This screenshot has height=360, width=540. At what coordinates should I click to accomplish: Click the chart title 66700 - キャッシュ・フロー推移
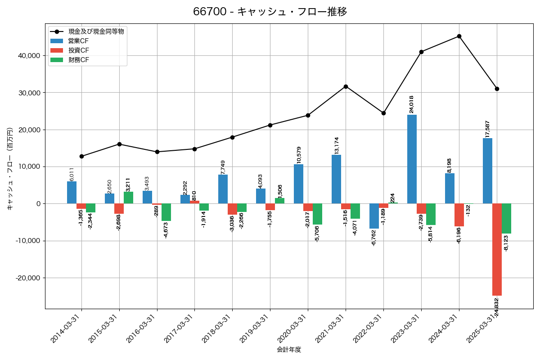coord(270,12)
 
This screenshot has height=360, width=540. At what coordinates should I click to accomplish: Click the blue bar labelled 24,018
coord(412,159)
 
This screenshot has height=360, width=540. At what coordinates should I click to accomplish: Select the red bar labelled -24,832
coord(497,249)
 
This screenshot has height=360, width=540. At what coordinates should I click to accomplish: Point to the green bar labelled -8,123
coord(506,218)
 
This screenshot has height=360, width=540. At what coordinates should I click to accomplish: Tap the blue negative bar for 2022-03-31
coord(374,216)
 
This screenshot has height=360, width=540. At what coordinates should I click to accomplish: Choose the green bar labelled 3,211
coord(128,198)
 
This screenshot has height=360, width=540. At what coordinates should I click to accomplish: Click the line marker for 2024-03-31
coord(459,36)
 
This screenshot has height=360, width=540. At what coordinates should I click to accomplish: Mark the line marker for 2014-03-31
coord(81,156)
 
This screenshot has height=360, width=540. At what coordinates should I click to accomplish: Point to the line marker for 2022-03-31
coord(383,113)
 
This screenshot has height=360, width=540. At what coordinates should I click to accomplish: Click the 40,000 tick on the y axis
coord(30,56)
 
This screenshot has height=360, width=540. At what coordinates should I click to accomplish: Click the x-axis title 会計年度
coord(289,350)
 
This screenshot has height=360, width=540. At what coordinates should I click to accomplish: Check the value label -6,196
coord(459,235)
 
